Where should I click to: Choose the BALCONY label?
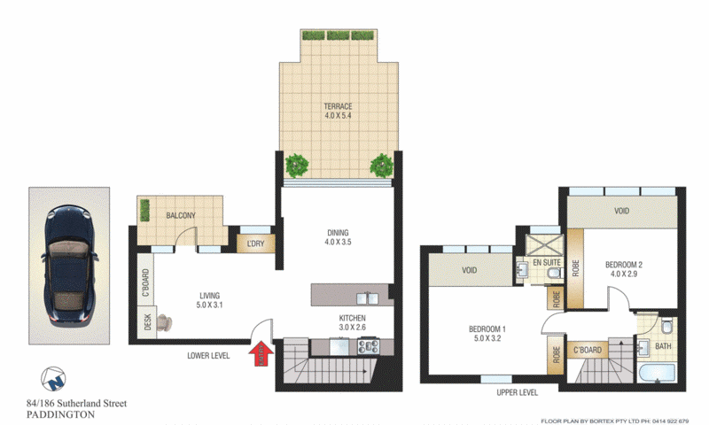[x=180, y=215]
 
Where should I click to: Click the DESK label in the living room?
[x=148, y=324]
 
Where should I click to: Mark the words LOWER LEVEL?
[x=209, y=356]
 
